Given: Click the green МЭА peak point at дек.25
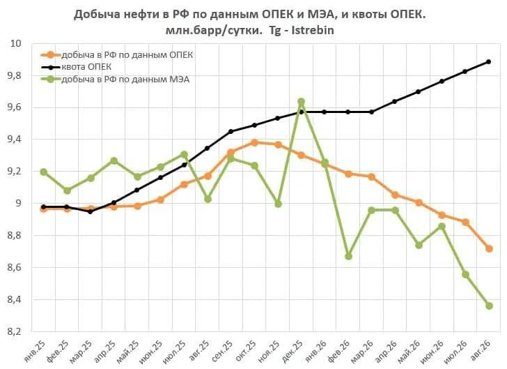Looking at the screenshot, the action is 301,102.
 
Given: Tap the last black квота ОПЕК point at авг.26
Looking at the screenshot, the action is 489,61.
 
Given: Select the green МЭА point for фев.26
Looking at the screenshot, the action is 348,256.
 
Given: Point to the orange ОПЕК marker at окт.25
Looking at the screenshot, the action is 254,142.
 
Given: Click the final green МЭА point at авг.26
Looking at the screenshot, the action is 489,306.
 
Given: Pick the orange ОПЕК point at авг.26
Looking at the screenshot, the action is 489,248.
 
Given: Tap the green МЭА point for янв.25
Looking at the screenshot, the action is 44,172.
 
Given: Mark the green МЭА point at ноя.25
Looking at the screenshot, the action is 278,204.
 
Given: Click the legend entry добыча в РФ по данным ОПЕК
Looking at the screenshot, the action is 117,54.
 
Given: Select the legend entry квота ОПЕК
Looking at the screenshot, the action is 77,67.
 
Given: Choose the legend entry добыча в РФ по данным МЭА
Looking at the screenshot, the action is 115,79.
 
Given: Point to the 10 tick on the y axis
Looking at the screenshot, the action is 16,43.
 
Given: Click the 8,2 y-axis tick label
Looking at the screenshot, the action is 13,331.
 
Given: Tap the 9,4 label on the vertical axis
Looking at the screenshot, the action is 13,140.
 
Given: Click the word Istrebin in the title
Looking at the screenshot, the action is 313,30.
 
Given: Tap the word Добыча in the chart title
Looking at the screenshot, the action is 94,15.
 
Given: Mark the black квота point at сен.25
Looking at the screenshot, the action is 231,132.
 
